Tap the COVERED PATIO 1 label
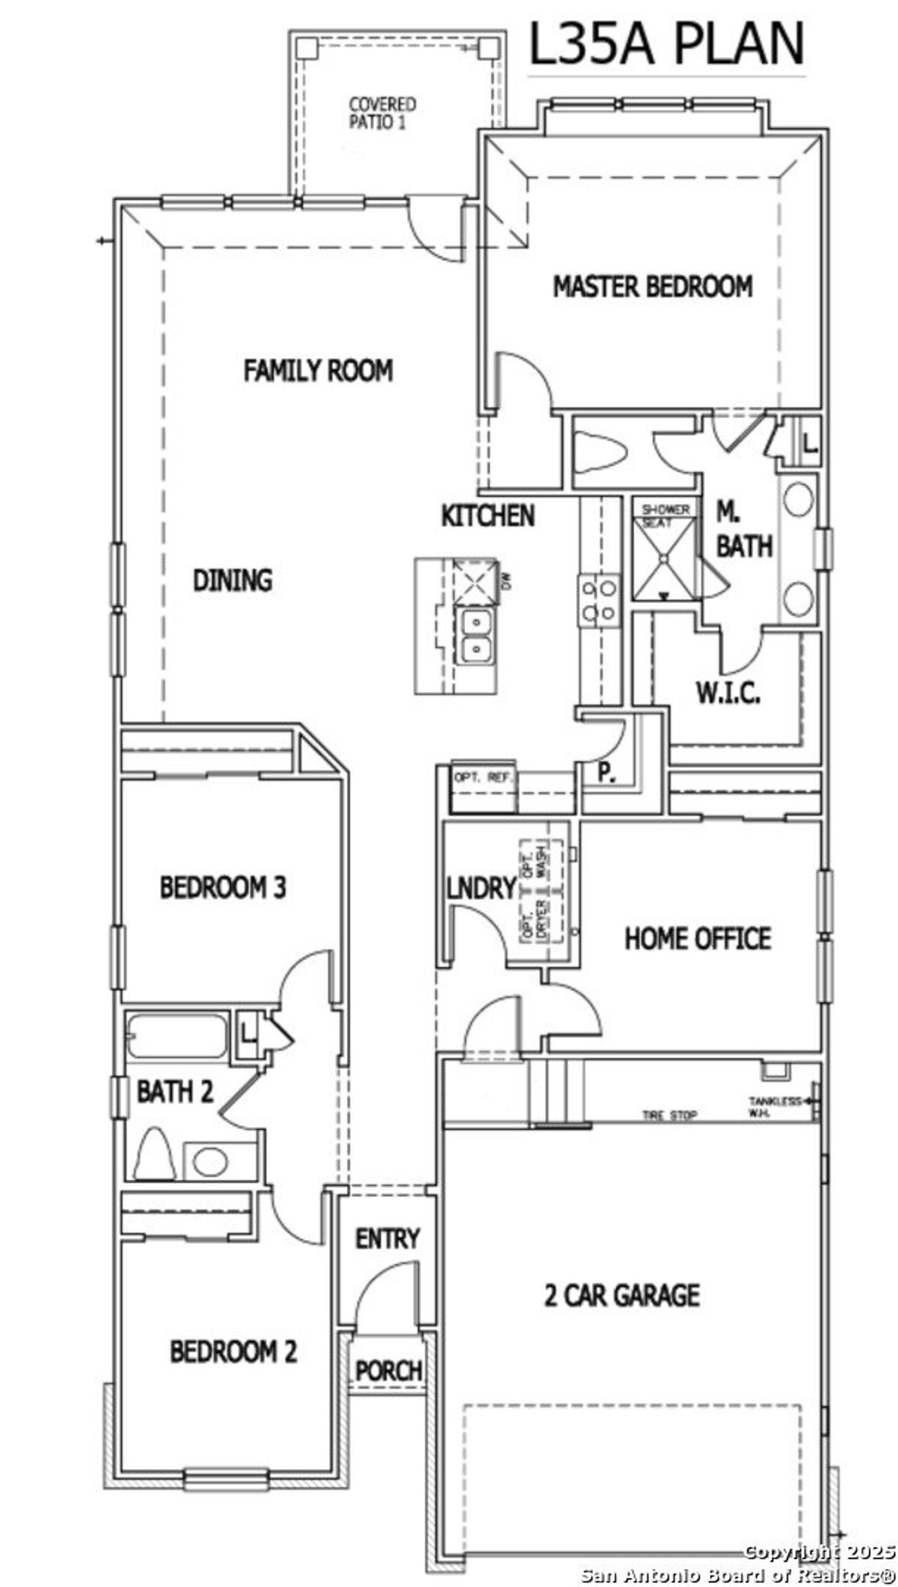[x=382, y=113]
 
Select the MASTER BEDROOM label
[x=652, y=287]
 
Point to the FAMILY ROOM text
[x=318, y=370]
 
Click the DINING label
[x=232, y=581]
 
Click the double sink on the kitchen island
[x=476, y=636]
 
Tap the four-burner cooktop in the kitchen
[x=598, y=600]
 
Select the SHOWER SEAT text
[x=665, y=515]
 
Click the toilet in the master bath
[x=601, y=452]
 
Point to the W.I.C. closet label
[x=728, y=694]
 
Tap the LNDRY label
[x=481, y=889]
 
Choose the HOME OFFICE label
[x=698, y=938]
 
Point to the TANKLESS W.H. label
[x=774, y=1106]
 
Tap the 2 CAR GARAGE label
[x=622, y=1295]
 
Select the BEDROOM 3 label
[x=222, y=888]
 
